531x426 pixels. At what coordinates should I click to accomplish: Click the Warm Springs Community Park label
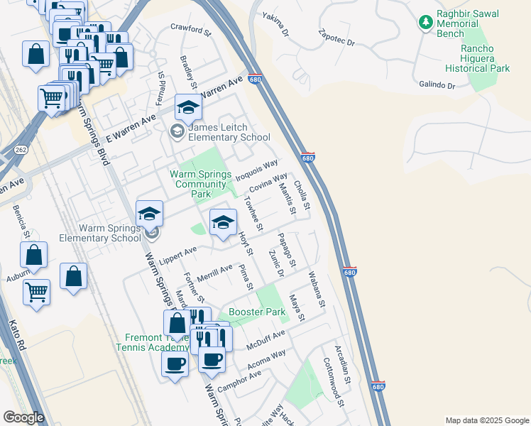(x=201, y=184)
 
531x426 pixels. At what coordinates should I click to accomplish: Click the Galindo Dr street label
(x=437, y=85)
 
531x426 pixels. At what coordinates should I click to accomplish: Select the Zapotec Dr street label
(x=336, y=38)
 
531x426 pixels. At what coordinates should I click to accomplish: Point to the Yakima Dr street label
(x=276, y=23)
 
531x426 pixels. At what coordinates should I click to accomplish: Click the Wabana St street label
(x=317, y=290)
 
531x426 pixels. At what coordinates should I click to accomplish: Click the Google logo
(x=23, y=417)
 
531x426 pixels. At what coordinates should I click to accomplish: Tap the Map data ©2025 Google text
(x=486, y=420)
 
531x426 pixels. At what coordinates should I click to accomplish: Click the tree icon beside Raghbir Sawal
(x=426, y=23)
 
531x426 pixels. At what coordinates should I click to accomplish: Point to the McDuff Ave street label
(x=265, y=339)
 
